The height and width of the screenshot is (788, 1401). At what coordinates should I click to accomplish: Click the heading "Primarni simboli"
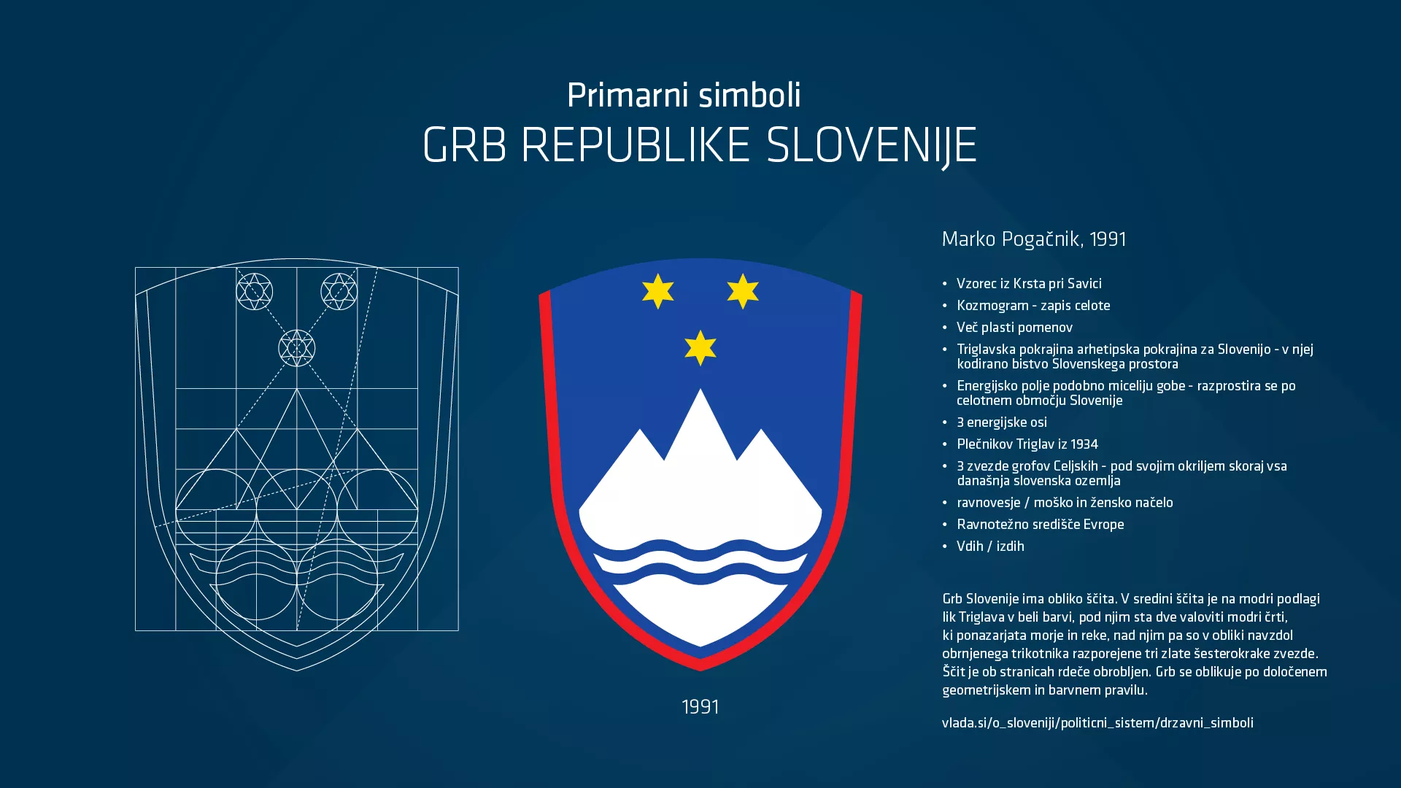[x=684, y=96]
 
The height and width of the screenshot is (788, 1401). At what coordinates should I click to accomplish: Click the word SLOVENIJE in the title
[x=871, y=145]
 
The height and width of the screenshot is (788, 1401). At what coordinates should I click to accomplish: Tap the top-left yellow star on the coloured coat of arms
[x=658, y=291]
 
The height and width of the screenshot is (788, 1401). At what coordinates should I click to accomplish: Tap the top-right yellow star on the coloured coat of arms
[x=743, y=291]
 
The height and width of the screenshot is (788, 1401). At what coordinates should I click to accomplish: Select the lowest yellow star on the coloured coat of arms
[x=700, y=347]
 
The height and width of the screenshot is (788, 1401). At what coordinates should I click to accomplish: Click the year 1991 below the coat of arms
[x=700, y=707]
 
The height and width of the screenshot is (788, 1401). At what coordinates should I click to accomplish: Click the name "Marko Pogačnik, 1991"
[x=1034, y=239]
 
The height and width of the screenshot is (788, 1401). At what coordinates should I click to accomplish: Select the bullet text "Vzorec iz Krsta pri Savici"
[x=1029, y=284]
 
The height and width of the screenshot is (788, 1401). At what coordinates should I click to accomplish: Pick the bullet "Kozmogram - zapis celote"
[x=1033, y=306]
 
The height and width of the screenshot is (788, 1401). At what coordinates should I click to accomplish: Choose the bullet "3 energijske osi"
[x=1002, y=422]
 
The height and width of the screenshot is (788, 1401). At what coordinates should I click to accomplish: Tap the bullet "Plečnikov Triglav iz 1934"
[x=1027, y=444]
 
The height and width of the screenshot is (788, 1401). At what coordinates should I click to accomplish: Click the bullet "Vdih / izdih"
[x=990, y=546]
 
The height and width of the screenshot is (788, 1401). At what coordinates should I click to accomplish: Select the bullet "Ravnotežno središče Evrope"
[x=1040, y=525]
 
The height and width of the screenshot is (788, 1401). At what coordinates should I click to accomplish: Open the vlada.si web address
[x=1097, y=723]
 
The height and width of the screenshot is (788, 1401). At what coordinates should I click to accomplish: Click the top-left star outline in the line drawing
[x=255, y=292]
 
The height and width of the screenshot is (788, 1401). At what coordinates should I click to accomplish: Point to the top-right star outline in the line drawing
[x=339, y=292]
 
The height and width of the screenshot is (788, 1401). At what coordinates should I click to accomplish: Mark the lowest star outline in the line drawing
[x=297, y=348]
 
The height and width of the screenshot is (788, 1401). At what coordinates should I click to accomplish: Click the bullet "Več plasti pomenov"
[x=1014, y=328]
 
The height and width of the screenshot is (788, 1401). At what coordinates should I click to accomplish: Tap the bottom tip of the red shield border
[x=700, y=668]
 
